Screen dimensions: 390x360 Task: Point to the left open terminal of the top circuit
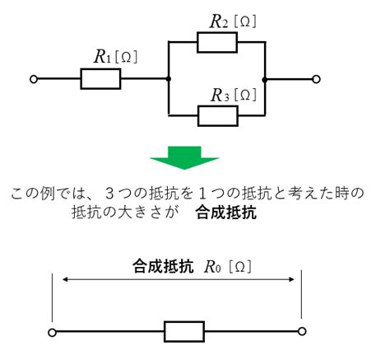pos(34,79)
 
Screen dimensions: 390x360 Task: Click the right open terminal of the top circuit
pos(316,79)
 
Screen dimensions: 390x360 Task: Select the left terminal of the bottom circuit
pos(52,333)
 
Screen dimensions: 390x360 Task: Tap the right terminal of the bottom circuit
pos(302,331)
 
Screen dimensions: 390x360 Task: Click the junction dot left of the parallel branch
pos(169,79)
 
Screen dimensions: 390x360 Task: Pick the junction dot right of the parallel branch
pos(265,80)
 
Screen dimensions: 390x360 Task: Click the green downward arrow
pos(184,158)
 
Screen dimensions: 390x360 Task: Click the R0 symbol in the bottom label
pos(212,267)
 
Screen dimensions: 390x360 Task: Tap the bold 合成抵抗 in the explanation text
pos(226,213)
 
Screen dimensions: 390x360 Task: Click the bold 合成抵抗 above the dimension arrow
pos(163,266)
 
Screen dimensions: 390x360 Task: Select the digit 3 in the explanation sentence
pos(109,194)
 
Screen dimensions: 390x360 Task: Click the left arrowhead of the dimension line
pos(65,279)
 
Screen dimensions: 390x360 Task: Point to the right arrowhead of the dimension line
pos(291,279)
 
